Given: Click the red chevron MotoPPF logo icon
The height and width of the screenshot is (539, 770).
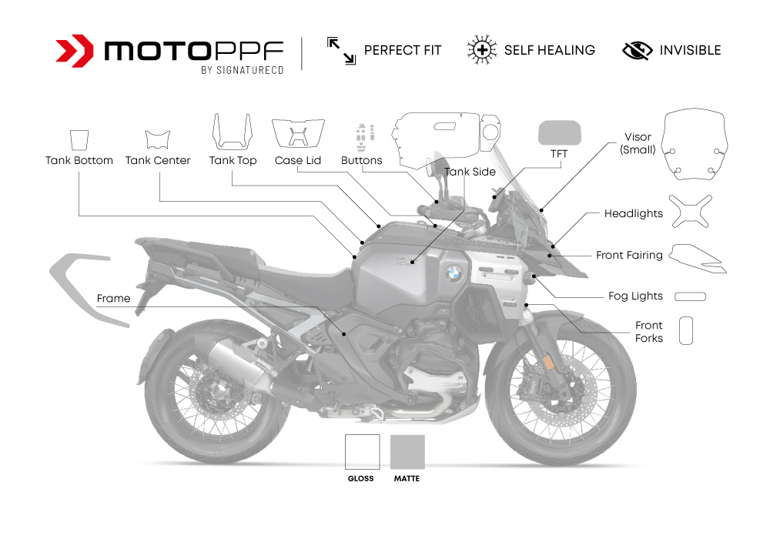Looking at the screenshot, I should (75, 51).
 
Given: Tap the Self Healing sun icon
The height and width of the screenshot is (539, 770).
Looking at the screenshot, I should (480, 50).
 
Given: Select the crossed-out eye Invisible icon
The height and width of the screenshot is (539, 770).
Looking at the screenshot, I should (637, 51).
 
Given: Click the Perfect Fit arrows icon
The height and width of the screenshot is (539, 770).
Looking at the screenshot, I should (340, 51).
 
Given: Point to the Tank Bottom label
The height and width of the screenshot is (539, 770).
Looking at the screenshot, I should (79, 160).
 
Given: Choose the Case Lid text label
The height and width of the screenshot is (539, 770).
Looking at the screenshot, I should (298, 160).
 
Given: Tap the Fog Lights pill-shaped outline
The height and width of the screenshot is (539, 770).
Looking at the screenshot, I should (690, 296).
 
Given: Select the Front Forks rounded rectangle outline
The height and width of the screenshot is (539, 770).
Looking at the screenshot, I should (686, 330).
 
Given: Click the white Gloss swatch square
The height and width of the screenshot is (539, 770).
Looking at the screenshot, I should (362, 452).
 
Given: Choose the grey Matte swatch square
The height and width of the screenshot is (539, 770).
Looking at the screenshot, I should (407, 452).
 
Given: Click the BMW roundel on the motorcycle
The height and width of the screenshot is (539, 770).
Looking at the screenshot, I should (454, 272).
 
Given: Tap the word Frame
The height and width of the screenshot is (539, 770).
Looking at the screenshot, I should (113, 298).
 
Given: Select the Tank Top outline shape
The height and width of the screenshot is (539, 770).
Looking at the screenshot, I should (233, 132).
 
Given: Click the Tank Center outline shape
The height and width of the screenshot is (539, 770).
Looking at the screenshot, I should (158, 140).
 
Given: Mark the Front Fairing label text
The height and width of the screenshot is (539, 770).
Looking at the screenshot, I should (629, 255).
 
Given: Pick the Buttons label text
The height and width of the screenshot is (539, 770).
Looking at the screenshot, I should (361, 160).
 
